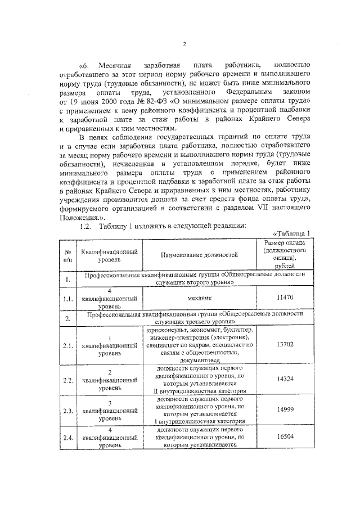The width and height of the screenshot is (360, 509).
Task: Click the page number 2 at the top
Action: [x=184, y=45]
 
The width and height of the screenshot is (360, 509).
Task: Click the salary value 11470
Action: [x=284, y=296]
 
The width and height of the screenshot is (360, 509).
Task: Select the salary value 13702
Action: [x=284, y=344]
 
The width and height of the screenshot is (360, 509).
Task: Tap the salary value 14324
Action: [x=284, y=380]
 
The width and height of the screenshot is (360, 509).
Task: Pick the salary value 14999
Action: [x=284, y=411]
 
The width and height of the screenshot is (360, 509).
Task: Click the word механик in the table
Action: [x=199, y=296]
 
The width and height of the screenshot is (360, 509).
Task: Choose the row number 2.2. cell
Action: [x=67, y=381]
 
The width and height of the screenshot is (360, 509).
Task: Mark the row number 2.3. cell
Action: [x=67, y=412]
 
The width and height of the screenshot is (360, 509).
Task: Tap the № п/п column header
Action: [x=67, y=256]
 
